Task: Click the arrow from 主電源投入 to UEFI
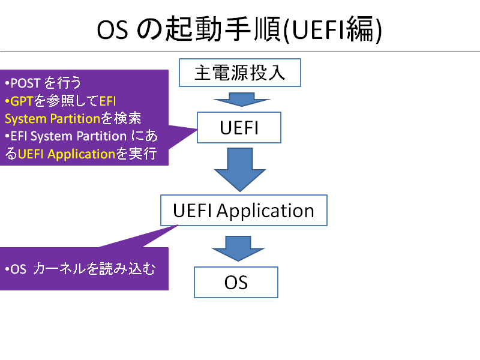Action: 242,100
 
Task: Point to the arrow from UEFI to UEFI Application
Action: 240,169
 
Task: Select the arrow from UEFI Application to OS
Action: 238,248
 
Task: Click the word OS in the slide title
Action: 112,30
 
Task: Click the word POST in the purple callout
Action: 25,83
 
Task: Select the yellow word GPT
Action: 22,101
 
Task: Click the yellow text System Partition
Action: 52,119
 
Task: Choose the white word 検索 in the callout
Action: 128,118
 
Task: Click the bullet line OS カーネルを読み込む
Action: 80,269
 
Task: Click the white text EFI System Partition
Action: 68,137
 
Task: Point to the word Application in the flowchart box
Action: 265,211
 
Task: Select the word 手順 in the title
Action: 253,29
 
